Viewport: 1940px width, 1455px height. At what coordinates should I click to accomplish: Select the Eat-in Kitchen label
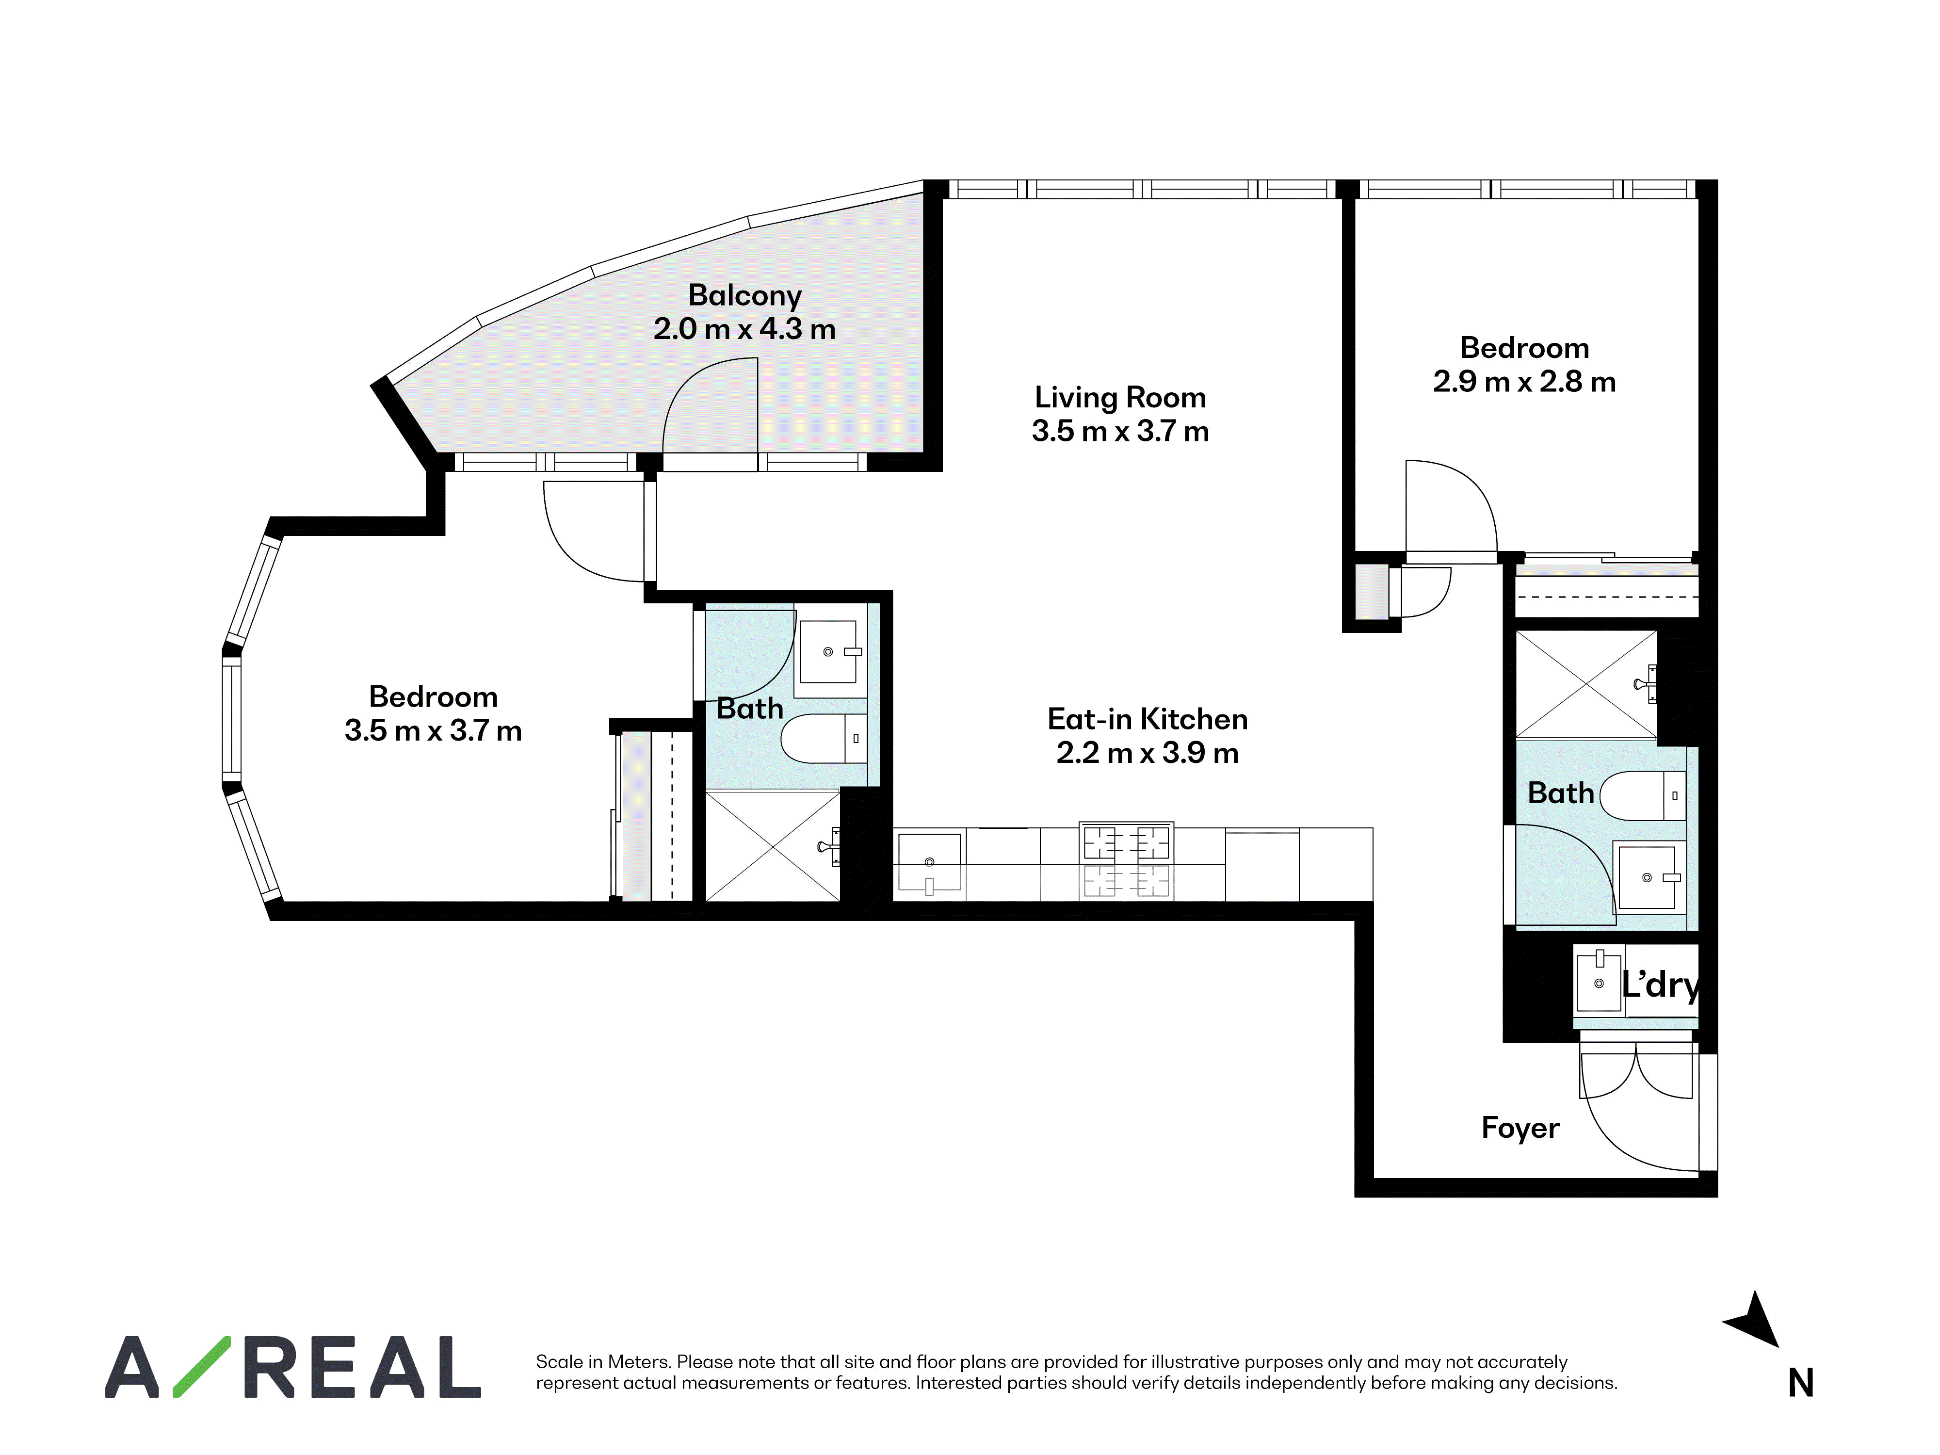click(1147, 719)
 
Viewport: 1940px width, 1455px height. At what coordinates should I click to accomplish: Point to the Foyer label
click(1520, 1128)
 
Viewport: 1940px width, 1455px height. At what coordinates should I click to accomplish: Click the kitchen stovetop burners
click(1126, 844)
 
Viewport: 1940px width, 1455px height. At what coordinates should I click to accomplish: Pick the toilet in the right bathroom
click(1643, 795)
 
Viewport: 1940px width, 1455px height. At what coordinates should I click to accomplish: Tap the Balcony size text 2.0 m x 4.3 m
click(744, 329)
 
